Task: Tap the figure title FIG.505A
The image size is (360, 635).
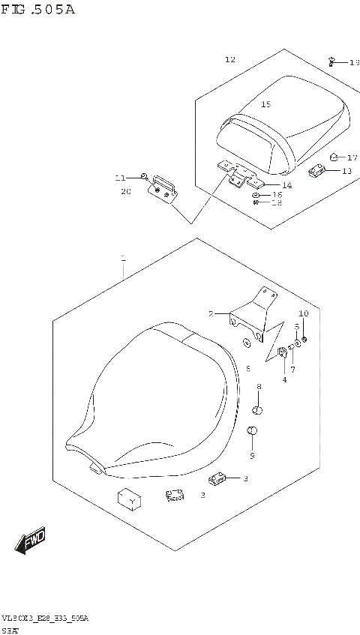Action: [x=38, y=10]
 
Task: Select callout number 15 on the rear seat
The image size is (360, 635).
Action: [x=265, y=104]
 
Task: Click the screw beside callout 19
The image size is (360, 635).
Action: [x=332, y=61]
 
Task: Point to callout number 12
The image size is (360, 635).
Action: [x=229, y=59]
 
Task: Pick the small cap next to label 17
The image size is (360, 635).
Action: [x=333, y=157]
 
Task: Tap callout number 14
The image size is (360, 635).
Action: [x=286, y=185]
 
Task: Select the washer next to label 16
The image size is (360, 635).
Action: [x=256, y=194]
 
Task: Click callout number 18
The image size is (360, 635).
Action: [x=277, y=202]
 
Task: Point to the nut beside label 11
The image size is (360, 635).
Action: [x=142, y=176]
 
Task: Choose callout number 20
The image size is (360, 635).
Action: [x=125, y=191]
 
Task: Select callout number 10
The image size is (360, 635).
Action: [x=303, y=313]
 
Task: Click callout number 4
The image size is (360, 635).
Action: [x=284, y=379]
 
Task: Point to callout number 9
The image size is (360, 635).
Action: [x=252, y=455]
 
